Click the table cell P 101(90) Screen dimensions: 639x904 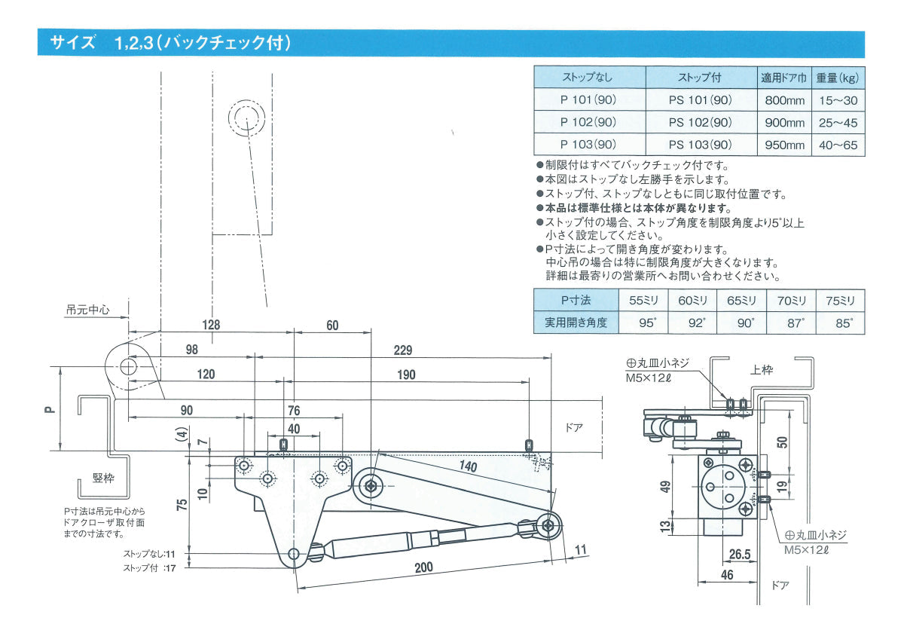pos(588,100)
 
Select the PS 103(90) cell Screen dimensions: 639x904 pos(700,145)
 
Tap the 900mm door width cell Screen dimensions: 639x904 pos(785,123)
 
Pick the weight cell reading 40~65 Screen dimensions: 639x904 pos(838,145)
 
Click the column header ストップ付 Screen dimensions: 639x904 pos(700,78)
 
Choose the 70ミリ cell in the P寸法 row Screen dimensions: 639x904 pos(790,301)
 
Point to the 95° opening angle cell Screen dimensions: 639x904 pos(643,323)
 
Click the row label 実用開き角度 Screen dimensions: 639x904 pos(576,323)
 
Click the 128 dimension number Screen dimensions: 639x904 pos(212,326)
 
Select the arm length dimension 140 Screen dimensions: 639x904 pos(468,467)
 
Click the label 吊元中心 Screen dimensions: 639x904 pos(87,309)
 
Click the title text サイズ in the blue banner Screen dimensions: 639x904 pos(72,43)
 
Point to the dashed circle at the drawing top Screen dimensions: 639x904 pos(246,119)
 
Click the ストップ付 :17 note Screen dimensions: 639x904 pos(150,568)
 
